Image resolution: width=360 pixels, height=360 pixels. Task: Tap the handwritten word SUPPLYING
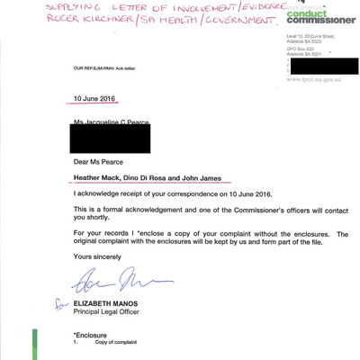[36, 11]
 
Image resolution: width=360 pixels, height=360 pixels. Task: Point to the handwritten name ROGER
[33, 27]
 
